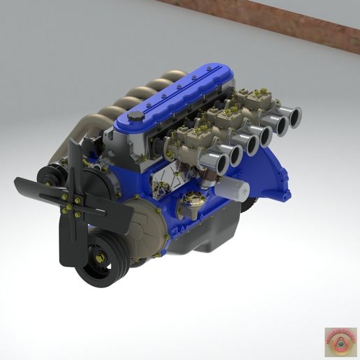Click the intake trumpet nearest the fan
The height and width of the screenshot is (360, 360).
[x=215, y=163]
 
